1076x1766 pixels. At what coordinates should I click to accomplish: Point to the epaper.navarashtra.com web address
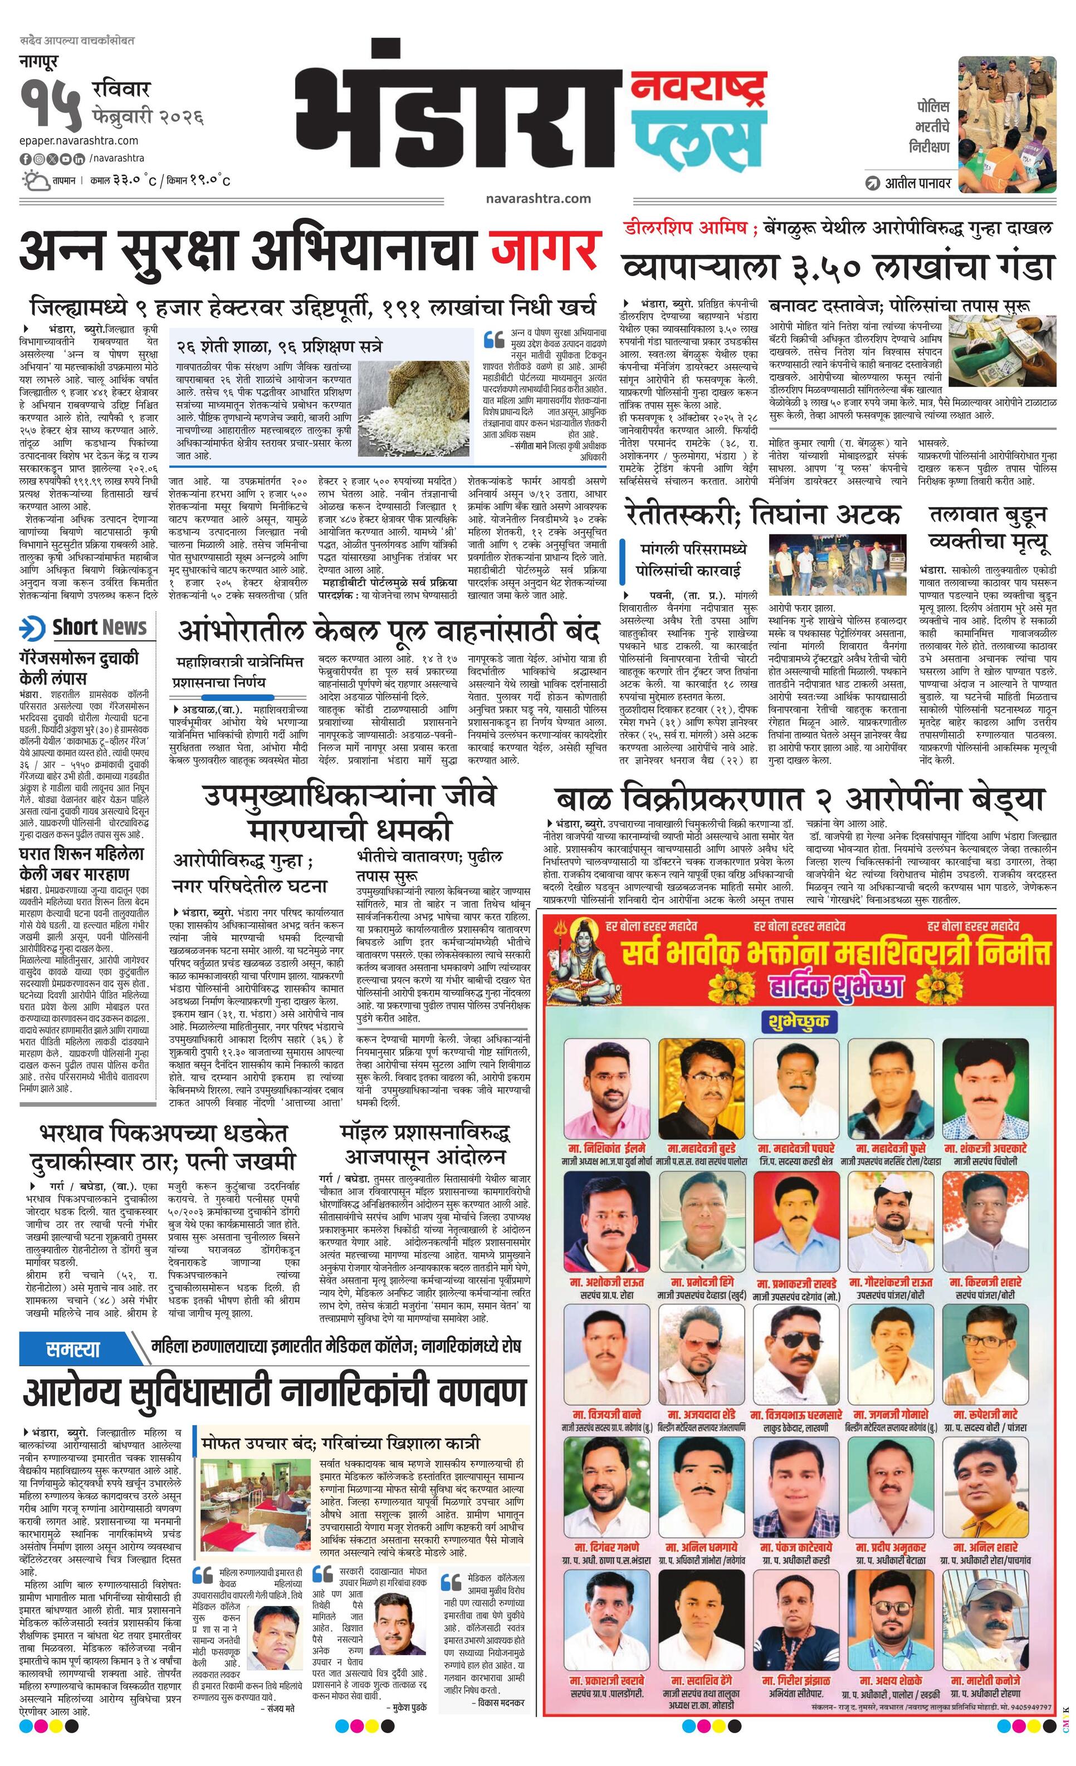(79, 140)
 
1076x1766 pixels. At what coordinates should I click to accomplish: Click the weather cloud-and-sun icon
(36, 180)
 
